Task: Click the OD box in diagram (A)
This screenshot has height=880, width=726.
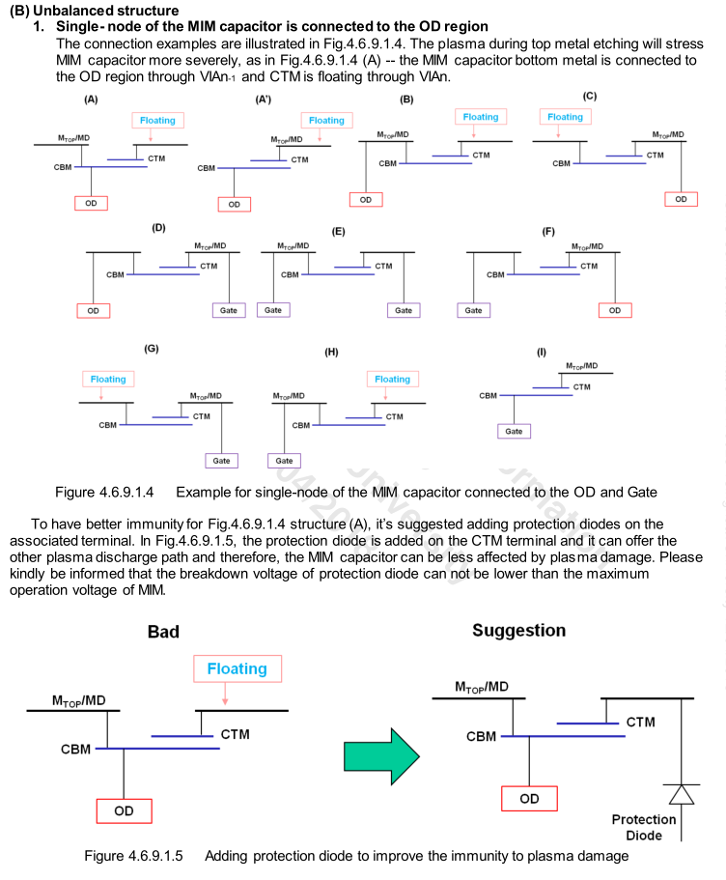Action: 92,203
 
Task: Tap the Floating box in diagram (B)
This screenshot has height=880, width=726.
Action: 477,117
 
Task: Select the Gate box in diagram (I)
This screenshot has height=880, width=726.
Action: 515,431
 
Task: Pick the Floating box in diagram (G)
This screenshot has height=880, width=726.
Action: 108,380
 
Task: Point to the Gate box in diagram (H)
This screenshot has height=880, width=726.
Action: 285,461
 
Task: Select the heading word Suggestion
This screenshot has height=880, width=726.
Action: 518,630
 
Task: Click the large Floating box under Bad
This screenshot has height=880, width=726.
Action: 237,668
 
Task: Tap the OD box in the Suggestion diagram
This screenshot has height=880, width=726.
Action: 529,799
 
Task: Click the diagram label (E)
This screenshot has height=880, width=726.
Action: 338,232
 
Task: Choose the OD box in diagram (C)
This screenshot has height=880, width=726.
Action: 681,199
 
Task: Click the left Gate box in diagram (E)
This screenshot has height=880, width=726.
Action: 273,310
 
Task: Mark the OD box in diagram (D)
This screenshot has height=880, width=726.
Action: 93,311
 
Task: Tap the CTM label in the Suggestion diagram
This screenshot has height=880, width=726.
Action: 642,722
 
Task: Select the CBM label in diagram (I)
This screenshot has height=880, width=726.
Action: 488,396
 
